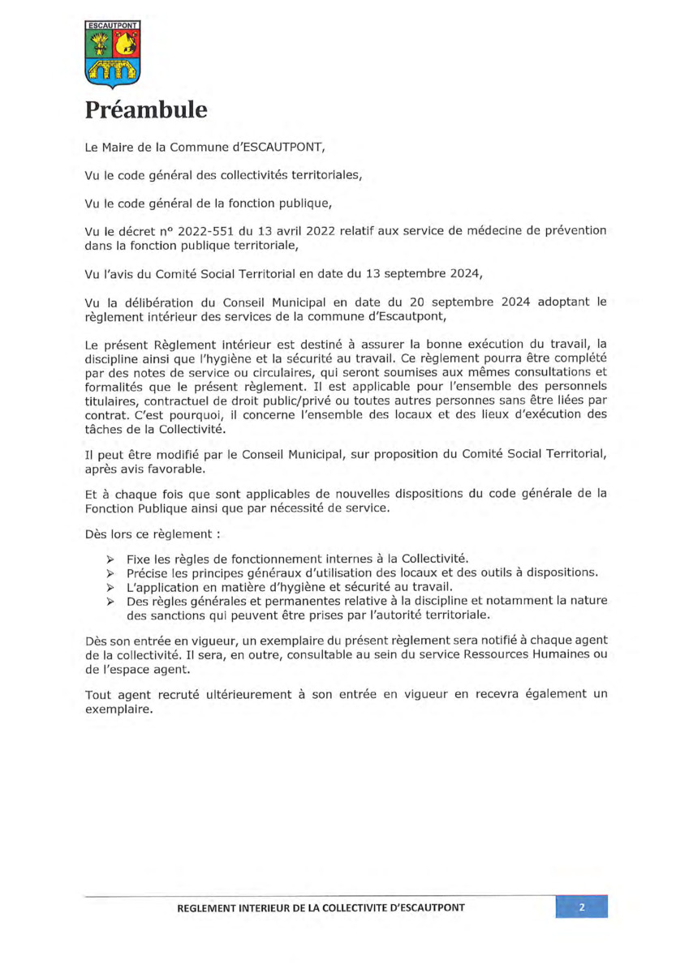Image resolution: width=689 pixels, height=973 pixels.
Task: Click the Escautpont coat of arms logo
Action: pyautogui.click(x=113, y=54)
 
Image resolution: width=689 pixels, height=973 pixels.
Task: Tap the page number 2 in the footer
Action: pyautogui.click(x=582, y=907)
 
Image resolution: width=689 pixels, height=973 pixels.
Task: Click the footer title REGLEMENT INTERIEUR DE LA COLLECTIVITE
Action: pyautogui.click(x=321, y=907)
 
